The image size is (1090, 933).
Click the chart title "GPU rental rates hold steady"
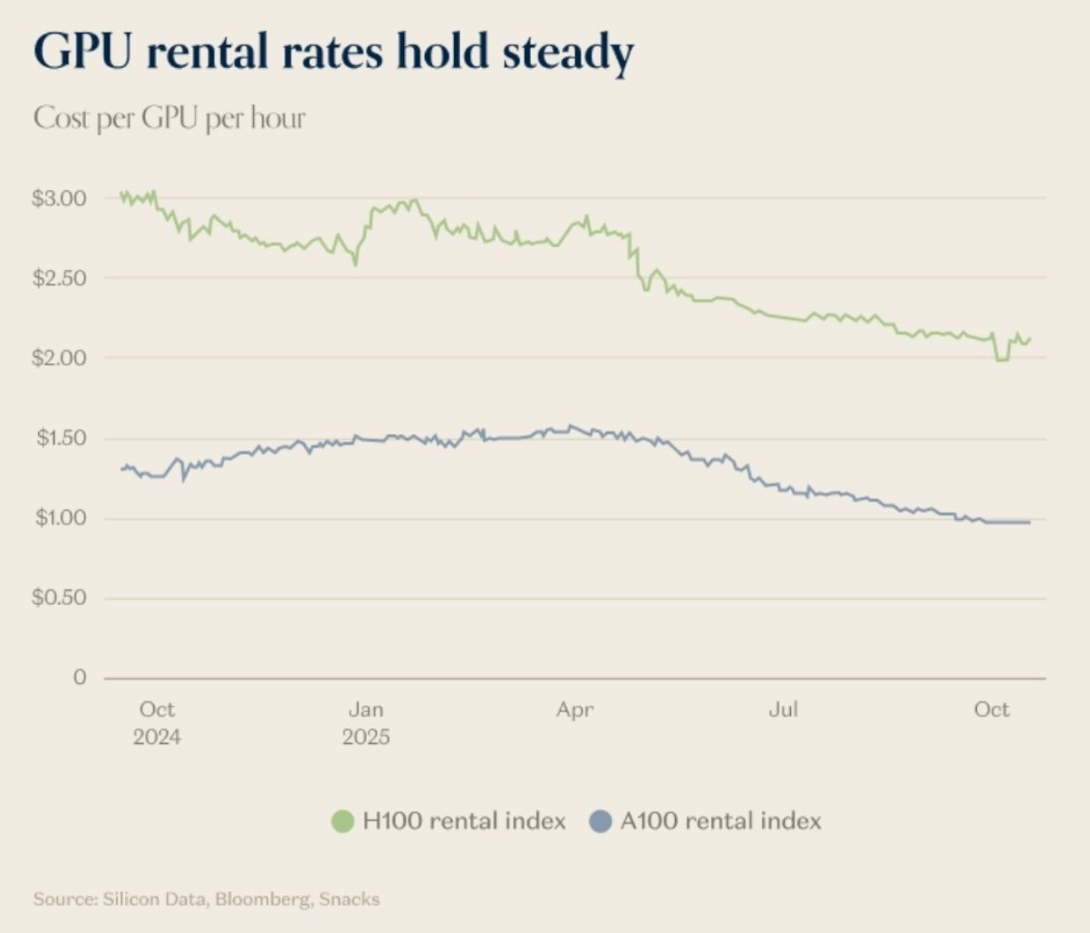(333, 52)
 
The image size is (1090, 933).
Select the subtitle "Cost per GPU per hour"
(169, 118)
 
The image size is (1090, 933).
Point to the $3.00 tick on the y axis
(59, 198)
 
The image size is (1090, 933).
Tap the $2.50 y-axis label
(59, 278)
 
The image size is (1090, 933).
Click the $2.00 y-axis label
(59, 358)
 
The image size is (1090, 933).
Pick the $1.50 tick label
(61, 438)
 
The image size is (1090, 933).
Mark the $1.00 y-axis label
(61, 518)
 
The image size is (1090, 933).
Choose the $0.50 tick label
(59, 598)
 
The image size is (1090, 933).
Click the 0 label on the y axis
(80, 678)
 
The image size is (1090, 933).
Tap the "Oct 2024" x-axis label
(157, 722)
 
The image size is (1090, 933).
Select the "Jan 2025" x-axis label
(366, 722)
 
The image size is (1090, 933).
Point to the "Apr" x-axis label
(574, 709)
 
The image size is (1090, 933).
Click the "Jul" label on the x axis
(783, 709)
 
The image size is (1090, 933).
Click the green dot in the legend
(342, 822)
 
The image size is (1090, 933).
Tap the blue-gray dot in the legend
(600, 822)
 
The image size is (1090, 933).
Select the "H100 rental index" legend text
(464, 822)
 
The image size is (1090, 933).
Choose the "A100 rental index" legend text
(720, 822)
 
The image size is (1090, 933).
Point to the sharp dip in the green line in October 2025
(1001, 360)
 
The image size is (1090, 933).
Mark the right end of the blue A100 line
(1029, 522)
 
